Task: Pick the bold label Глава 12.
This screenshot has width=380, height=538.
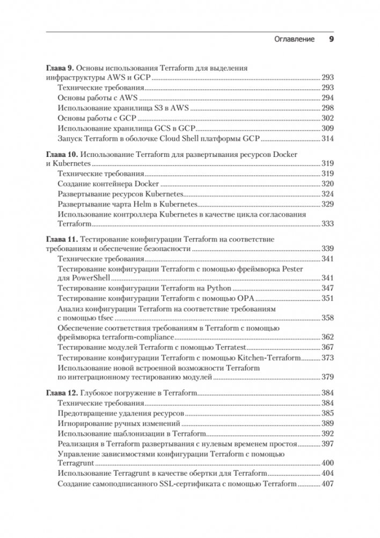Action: pos(60,394)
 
